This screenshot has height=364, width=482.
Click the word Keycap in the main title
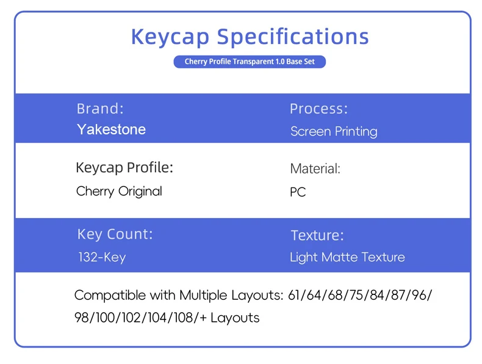[x=170, y=37]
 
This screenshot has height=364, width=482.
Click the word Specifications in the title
[x=293, y=37]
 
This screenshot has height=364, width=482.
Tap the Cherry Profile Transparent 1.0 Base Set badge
[x=250, y=62]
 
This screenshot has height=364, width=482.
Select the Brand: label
[x=100, y=109]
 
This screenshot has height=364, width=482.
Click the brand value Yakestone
[x=111, y=129]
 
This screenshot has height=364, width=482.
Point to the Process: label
[x=318, y=109]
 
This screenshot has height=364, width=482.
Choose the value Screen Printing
[x=334, y=131]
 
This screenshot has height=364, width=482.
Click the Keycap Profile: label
[x=124, y=168]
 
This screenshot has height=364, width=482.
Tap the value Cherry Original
[x=119, y=191]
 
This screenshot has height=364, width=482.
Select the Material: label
[x=315, y=169]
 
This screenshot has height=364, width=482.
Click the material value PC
[x=298, y=192]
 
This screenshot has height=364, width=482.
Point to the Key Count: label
[x=115, y=234]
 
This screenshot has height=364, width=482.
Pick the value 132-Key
[x=102, y=257]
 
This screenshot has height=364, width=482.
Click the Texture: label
[x=317, y=235]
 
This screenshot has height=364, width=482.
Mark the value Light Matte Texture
[x=347, y=257]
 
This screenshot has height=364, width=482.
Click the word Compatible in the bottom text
[x=110, y=296]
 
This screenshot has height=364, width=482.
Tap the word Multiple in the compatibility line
[x=204, y=296]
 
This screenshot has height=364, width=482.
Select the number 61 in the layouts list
[x=293, y=295]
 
